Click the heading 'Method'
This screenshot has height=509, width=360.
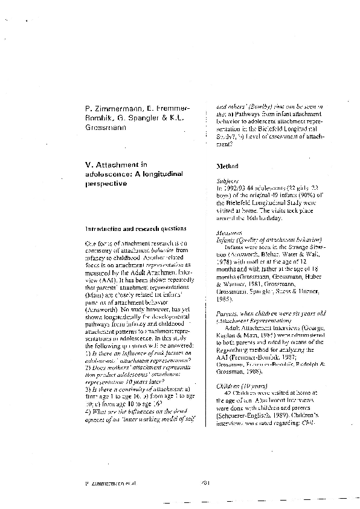[x=227, y=166]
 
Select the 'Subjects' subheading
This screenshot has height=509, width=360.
[x=227, y=181]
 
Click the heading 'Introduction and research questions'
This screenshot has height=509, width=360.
[x=135, y=229]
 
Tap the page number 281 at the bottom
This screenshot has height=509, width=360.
[x=188, y=484]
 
